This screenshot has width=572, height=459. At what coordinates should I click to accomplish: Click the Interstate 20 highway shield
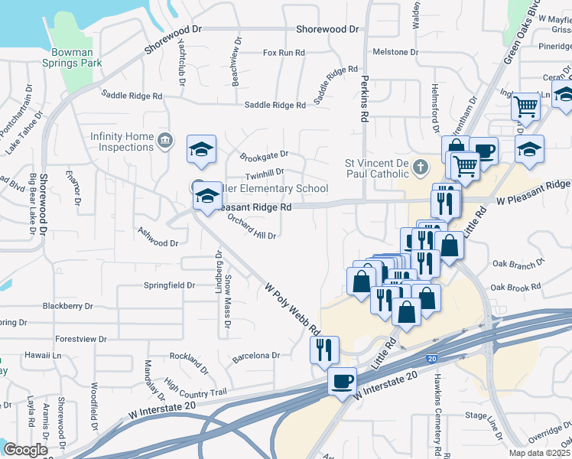tap(432, 358)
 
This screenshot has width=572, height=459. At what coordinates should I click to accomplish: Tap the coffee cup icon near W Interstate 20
tap(342, 380)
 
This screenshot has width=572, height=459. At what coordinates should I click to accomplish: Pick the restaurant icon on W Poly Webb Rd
tap(323, 350)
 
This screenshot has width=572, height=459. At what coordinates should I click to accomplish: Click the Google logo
tap(26, 450)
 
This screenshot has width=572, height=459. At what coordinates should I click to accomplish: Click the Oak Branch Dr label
tap(518, 262)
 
